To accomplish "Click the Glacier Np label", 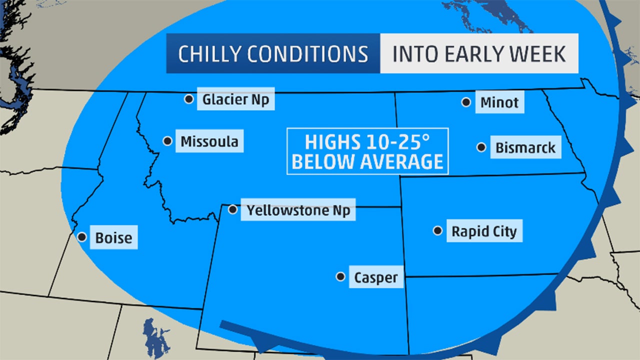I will point(235,99).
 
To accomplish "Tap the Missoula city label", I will point(209,141).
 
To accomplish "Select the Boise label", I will point(114,238).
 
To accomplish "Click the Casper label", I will point(376,277).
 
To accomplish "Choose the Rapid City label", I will point(484,231).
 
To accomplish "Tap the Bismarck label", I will point(525,148).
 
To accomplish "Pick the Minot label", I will point(499,103).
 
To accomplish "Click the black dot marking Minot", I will point(466,102).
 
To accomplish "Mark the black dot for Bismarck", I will point(481,147).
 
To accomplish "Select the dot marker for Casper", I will point(340,276).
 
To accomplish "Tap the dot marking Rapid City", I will point(437,230).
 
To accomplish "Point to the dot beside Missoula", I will point(167,141).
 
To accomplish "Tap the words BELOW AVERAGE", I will point(367,162).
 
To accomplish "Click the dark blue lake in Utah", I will point(149,332).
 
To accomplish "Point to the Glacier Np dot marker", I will point(188,99).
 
